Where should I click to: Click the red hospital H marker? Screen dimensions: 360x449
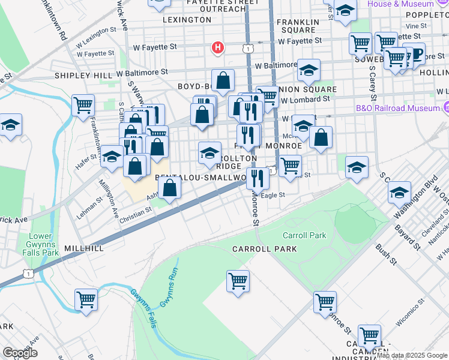[x=218, y=47]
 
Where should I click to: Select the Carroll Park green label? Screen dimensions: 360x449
[x=304, y=235]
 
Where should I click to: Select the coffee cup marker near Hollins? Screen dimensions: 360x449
[x=414, y=55]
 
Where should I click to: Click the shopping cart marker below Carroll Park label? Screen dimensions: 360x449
[x=238, y=280]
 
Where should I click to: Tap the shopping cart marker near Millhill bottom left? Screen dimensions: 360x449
[x=86, y=299]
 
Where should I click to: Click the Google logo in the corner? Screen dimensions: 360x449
[x=20, y=352]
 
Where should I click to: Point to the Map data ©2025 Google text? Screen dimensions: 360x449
[x=412, y=355]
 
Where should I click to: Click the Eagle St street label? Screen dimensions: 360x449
[x=273, y=195]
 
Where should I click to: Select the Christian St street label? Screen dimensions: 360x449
[x=135, y=213]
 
